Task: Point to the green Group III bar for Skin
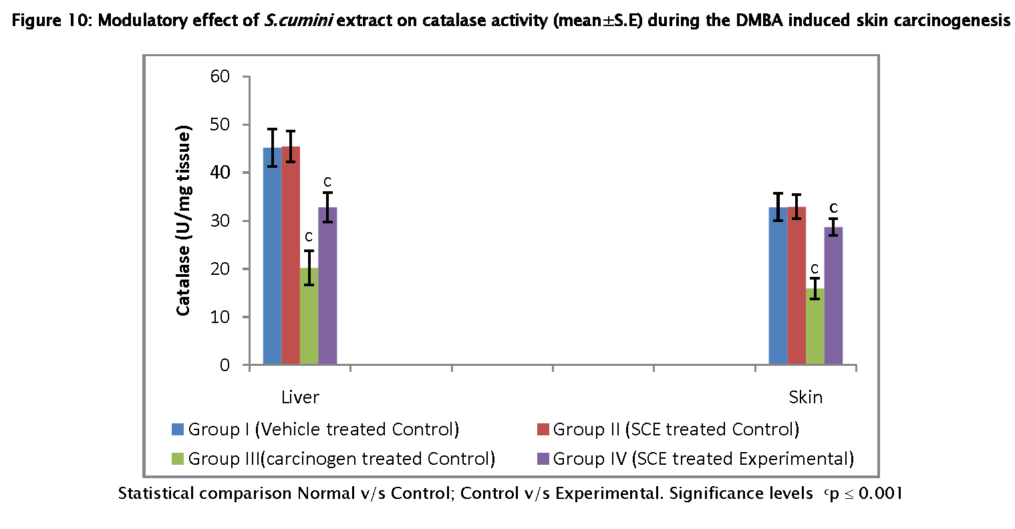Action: pos(815,327)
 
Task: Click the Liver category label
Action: pos(300,397)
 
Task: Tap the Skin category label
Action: pos(805,397)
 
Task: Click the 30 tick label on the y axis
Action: pos(220,221)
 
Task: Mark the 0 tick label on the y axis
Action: pos(225,365)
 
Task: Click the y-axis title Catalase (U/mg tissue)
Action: pos(184,221)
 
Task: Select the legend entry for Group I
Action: pos(315,429)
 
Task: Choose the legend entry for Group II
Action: pos(668,429)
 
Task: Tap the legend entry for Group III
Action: pos(333,459)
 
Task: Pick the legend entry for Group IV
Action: pos(696,459)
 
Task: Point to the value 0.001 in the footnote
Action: pos(881,494)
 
